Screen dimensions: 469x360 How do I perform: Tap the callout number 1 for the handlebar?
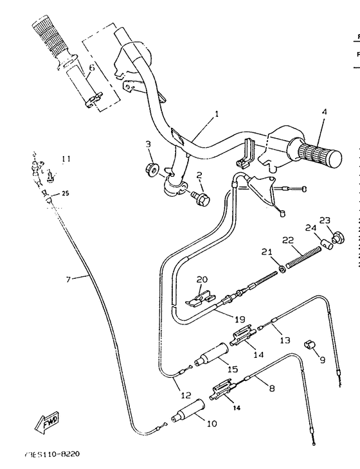pos(217,114)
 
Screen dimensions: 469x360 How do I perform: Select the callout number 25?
pos(65,193)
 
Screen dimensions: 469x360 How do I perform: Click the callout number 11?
pos(66,159)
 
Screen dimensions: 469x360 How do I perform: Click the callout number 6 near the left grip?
pos(91,67)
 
